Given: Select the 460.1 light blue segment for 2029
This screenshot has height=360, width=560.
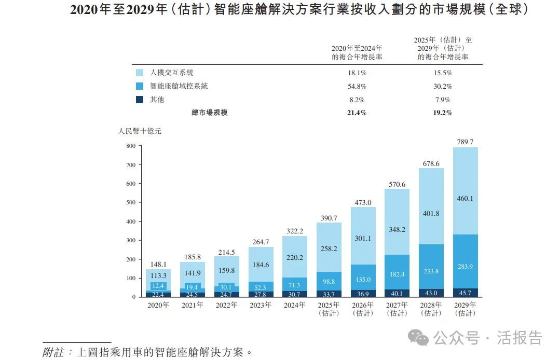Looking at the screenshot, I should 465,198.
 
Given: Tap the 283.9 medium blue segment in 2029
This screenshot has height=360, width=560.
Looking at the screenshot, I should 465,267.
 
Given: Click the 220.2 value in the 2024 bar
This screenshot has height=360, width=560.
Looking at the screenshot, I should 295,257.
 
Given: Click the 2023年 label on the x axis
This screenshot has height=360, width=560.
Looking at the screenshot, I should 261,306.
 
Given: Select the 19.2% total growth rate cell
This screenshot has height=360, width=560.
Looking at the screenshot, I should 442,113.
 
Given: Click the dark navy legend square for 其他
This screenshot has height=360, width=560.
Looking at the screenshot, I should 139,99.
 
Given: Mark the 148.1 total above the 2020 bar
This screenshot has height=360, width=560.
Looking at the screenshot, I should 158,264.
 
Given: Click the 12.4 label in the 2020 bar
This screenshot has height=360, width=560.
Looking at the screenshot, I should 158,286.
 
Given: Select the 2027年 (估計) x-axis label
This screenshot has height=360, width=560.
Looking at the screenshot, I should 397,309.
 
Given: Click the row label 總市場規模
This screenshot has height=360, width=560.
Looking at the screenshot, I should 210,113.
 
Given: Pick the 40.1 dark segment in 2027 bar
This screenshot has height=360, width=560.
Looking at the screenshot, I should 397,293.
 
